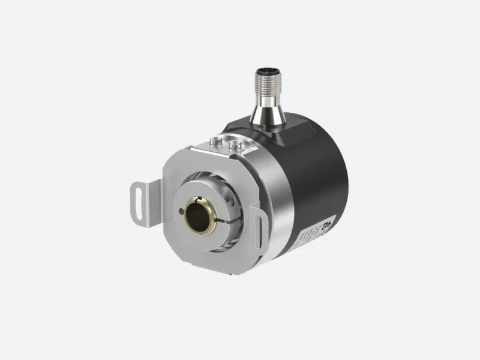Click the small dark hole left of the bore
181,211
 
